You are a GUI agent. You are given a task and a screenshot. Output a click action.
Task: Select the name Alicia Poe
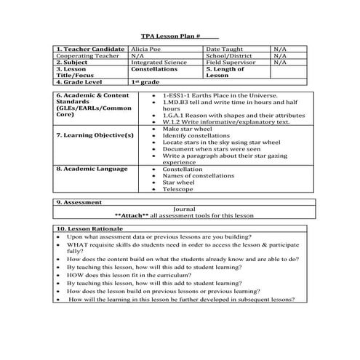(x=147, y=49)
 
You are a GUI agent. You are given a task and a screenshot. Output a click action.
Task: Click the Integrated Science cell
(x=156, y=63)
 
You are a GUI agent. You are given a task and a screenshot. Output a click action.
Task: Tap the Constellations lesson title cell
(x=154, y=69)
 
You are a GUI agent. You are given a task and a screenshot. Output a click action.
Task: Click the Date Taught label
(x=223, y=49)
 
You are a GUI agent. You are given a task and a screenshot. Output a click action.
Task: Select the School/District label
(x=227, y=55)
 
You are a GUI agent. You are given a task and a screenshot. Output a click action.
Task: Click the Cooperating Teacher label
(x=86, y=55)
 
